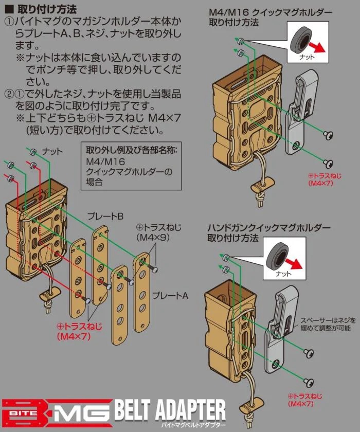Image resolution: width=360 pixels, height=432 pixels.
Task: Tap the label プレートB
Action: [x=105, y=217]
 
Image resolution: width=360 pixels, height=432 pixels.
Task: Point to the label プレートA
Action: [x=170, y=296]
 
